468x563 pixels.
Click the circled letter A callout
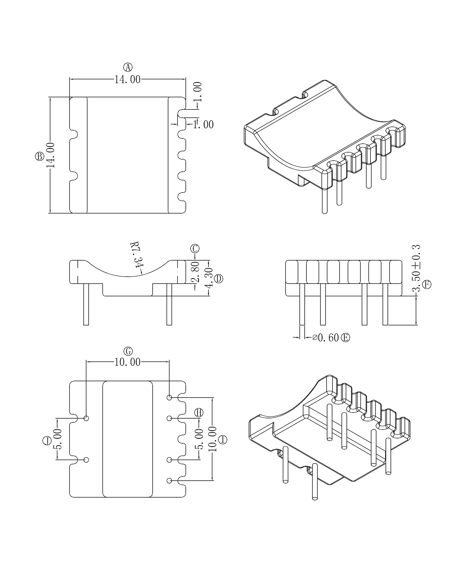coord(128,67)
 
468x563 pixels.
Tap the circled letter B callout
coord(40,156)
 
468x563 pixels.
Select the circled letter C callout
coord(195,248)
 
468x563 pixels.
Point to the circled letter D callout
coord(219,279)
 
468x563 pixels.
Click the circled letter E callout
coord(345,337)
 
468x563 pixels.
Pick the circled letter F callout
coord(427,285)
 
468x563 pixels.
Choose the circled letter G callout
coord(128,351)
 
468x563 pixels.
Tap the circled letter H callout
coord(199,413)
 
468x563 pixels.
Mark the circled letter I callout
coord(223,440)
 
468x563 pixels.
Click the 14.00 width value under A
coord(127,80)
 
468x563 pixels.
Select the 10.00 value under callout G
coord(127,362)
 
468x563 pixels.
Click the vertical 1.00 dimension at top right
coord(198,92)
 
